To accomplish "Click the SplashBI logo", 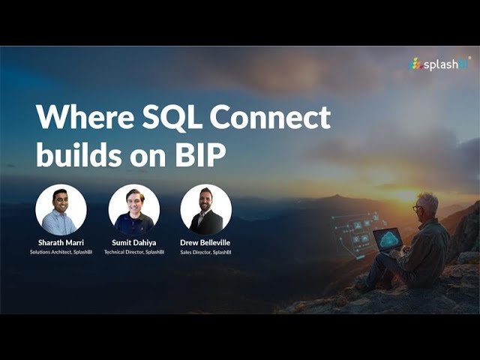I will [439, 64].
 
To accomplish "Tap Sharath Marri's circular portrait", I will [61, 210].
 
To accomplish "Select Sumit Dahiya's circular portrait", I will [134, 210].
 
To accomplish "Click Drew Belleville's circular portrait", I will [206, 210].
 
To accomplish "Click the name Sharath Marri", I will [61, 243].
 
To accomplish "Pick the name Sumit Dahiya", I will [134, 243].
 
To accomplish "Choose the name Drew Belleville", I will [206, 243].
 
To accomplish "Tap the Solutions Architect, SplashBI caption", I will [61, 252].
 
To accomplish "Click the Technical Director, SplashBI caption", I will [134, 252].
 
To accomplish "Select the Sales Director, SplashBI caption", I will [206, 252].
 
